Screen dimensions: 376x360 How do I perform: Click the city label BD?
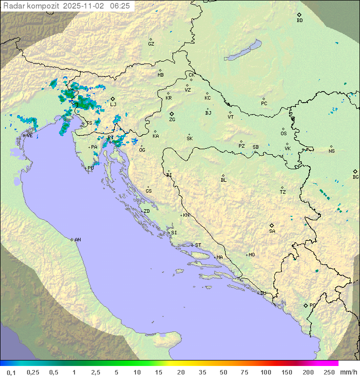click(299, 21)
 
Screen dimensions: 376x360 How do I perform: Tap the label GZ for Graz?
click(151, 44)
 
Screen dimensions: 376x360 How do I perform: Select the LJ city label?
click(113, 104)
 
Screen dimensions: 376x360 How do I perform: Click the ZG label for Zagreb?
click(172, 120)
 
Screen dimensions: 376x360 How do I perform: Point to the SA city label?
click(272, 231)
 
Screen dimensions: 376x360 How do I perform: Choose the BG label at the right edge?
click(355, 177)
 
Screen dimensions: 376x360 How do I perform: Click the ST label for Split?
click(198, 245)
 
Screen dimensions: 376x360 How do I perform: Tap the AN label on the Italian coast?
click(77, 240)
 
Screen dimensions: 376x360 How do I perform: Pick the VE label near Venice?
click(29, 136)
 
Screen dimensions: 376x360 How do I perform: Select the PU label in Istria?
click(90, 168)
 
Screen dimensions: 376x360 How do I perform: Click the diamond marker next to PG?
click(305, 305)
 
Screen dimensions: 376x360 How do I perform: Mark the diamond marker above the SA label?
click(272, 225)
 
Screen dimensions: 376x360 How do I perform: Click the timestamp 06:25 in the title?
click(120, 6)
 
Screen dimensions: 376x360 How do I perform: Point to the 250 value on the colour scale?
click(328, 372)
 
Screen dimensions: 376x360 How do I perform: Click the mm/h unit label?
click(348, 372)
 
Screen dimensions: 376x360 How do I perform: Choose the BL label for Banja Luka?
click(223, 180)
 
